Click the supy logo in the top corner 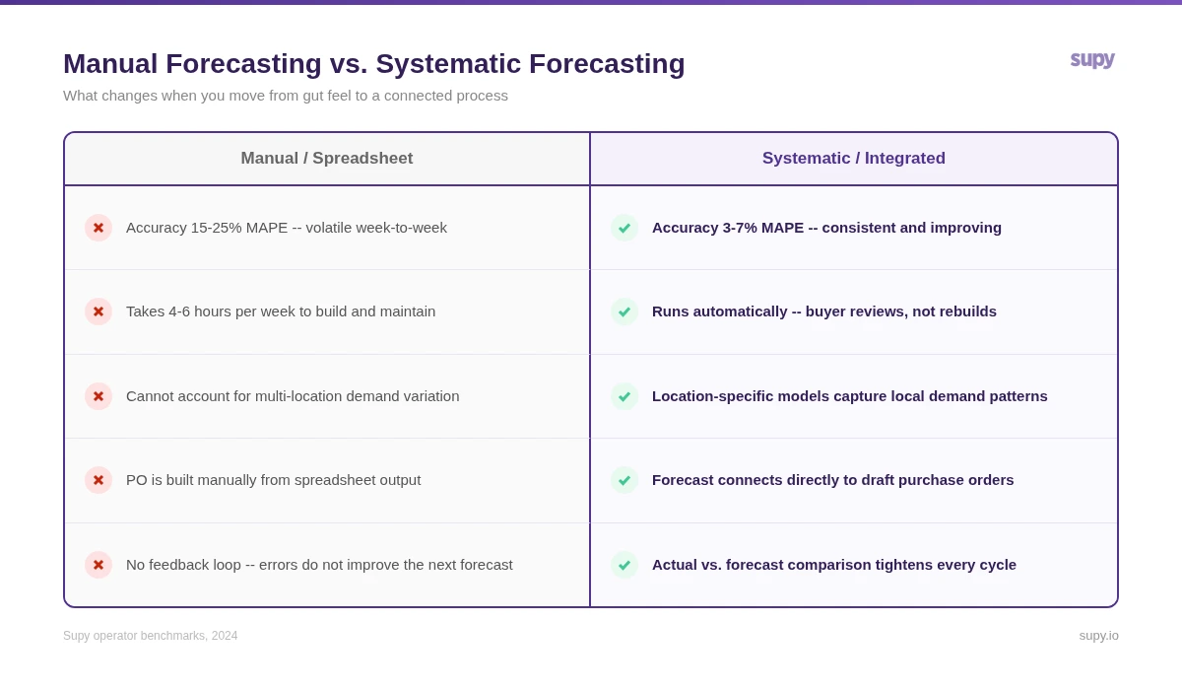click(1092, 59)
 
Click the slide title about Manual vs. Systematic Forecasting click(373, 64)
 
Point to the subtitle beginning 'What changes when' click(286, 96)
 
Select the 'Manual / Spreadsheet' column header click(327, 159)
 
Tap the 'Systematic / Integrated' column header click(853, 159)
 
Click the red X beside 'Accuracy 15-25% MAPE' click(98, 228)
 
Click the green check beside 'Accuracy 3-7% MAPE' click(624, 228)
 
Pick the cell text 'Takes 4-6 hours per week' click(281, 311)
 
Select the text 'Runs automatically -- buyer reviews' click(823, 311)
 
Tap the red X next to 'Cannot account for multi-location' click(98, 396)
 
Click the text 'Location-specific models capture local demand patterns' click(849, 396)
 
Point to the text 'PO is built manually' click(273, 480)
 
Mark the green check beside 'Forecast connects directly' click(624, 480)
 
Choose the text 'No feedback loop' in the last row click(319, 565)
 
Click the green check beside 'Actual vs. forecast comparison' click(624, 565)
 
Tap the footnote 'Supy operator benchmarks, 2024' click(151, 636)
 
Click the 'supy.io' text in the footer click(1098, 636)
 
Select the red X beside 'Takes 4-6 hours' click(98, 311)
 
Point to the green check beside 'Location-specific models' click(624, 396)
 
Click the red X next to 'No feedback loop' click(98, 565)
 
